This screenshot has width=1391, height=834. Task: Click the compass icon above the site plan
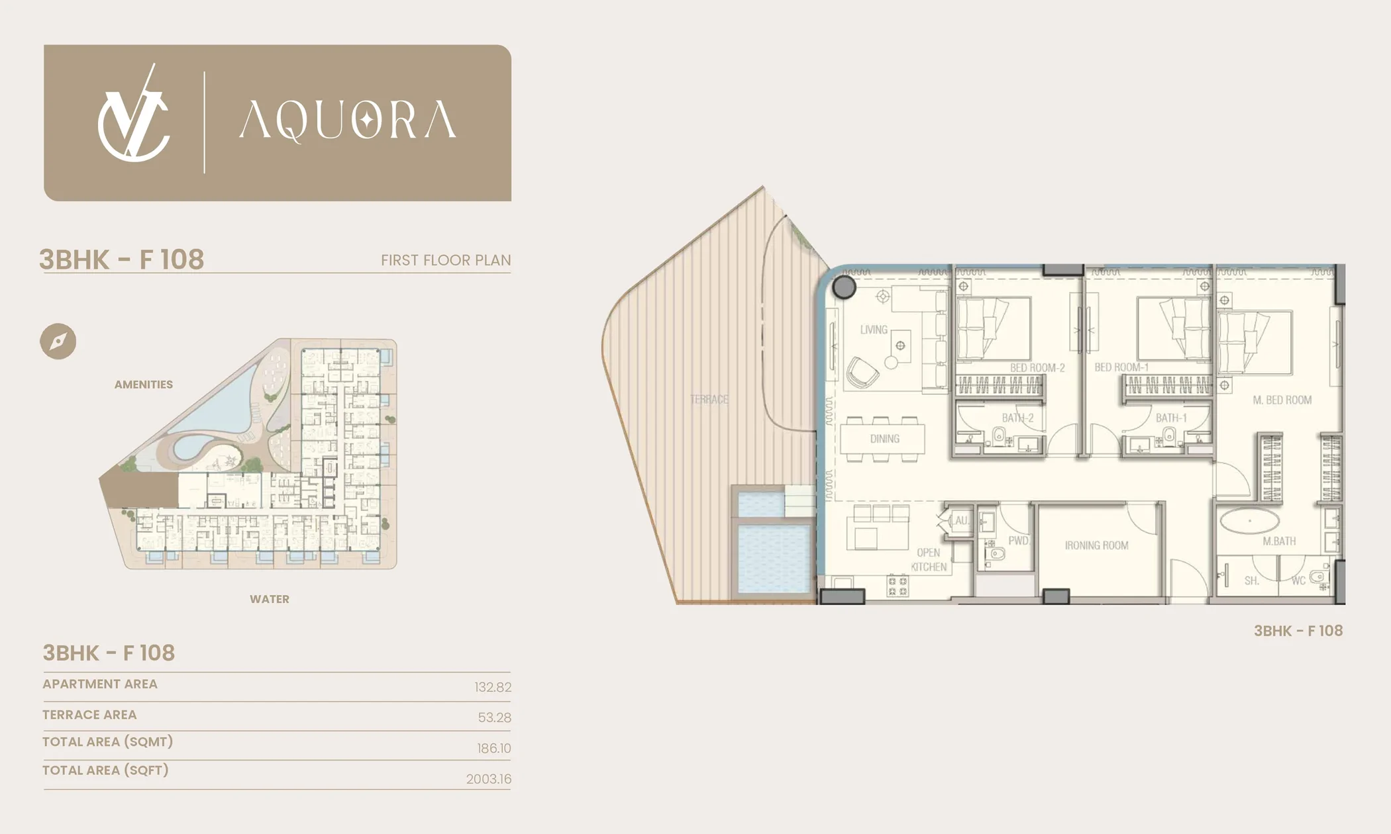click(x=58, y=342)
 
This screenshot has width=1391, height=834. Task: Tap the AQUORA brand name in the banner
click(x=347, y=121)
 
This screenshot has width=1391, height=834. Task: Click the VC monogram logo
click(x=134, y=113)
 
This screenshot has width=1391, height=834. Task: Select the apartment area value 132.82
click(x=493, y=687)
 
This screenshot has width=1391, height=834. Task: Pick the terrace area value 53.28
click(x=495, y=718)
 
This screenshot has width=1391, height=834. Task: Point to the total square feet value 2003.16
click(x=489, y=779)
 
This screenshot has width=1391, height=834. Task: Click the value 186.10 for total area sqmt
click(x=494, y=749)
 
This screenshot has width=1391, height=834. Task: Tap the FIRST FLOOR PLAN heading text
click(x=446, y=260)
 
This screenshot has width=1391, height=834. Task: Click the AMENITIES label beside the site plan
click(x=144, y=385)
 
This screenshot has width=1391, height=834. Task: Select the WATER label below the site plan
click(x=270, y=599)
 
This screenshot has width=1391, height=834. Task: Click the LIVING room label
click(x=874, y=330)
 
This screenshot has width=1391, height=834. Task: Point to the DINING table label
click(x=885, y=439)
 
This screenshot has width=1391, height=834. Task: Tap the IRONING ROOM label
click(x=1096, y=545)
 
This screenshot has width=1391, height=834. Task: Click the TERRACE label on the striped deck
click(x=709, y=399)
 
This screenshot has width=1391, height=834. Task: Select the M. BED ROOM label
click(x=1282, y=400)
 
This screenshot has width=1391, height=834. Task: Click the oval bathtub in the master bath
click(x=1251, y=521)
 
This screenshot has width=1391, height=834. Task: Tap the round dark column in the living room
click(x=844, y=287)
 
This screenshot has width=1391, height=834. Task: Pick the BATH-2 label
click(x=1017, y=418)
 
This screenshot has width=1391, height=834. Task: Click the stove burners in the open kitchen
click(x=898, y=586)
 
